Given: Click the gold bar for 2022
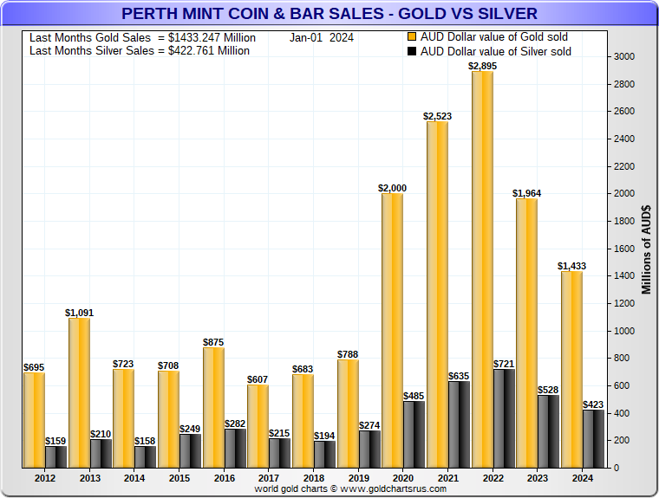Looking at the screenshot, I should (x=482, y=268).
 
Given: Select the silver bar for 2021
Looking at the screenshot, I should (x=460, y=424).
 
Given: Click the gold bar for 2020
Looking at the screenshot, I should (x=393, y=330).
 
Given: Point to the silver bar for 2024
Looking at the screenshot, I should (x=594, y=438).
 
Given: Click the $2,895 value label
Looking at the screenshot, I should (x=483, y=66).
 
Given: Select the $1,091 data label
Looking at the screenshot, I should (x=80, y=313).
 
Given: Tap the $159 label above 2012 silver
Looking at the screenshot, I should (x=56, y=441).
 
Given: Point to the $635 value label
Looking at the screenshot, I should (x=460, y=376).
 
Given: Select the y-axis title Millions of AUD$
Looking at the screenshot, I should (x=647, y=249).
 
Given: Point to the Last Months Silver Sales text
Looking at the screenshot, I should (x=139, y=51).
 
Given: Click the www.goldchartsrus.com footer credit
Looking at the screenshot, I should (x=350, y=489).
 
